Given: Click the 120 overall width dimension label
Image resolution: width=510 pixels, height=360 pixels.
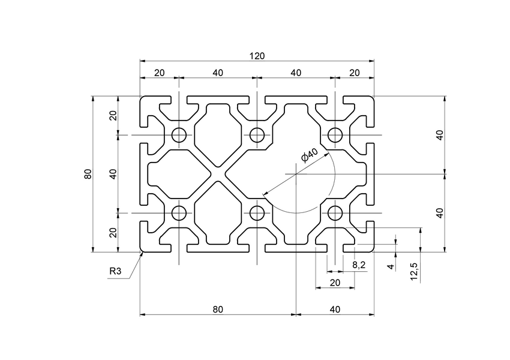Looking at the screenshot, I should click(x=257, y=56).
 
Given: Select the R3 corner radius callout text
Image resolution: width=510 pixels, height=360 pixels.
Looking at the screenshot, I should click(x=116, y=272).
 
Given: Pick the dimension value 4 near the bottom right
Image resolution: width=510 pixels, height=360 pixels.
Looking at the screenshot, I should click(x=390, y=266).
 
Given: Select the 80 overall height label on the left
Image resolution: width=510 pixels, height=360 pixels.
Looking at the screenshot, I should click(x=88, y=174).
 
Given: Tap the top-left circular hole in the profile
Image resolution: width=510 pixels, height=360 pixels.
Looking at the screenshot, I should click(x=179, y=135).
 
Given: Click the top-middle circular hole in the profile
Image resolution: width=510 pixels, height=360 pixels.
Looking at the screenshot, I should click(x=257, y=135).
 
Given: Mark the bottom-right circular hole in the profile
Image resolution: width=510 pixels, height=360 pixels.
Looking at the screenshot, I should click(x=335, y=212).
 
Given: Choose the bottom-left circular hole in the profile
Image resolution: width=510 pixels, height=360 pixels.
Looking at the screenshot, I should click(x=179, y=212).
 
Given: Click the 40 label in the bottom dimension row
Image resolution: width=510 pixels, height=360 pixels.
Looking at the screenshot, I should click(x=335, y=310).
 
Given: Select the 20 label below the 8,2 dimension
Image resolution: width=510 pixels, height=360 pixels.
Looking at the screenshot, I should click(x=335, y=283).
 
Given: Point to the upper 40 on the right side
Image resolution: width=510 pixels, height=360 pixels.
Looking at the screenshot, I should click(x=439, y=135).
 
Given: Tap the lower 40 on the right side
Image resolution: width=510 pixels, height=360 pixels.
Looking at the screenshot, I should click(x=439, y=212).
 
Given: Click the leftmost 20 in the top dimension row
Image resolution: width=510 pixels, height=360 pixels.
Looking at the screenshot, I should click(x=159, y=73).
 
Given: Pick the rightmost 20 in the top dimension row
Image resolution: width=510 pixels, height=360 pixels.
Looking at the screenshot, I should click(x=355, y=73).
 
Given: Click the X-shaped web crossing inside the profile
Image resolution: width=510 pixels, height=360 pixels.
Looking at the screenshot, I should click(x=218, y=174).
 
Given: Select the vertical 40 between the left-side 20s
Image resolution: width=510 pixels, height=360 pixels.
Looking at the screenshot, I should click(x=113, y=174).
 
